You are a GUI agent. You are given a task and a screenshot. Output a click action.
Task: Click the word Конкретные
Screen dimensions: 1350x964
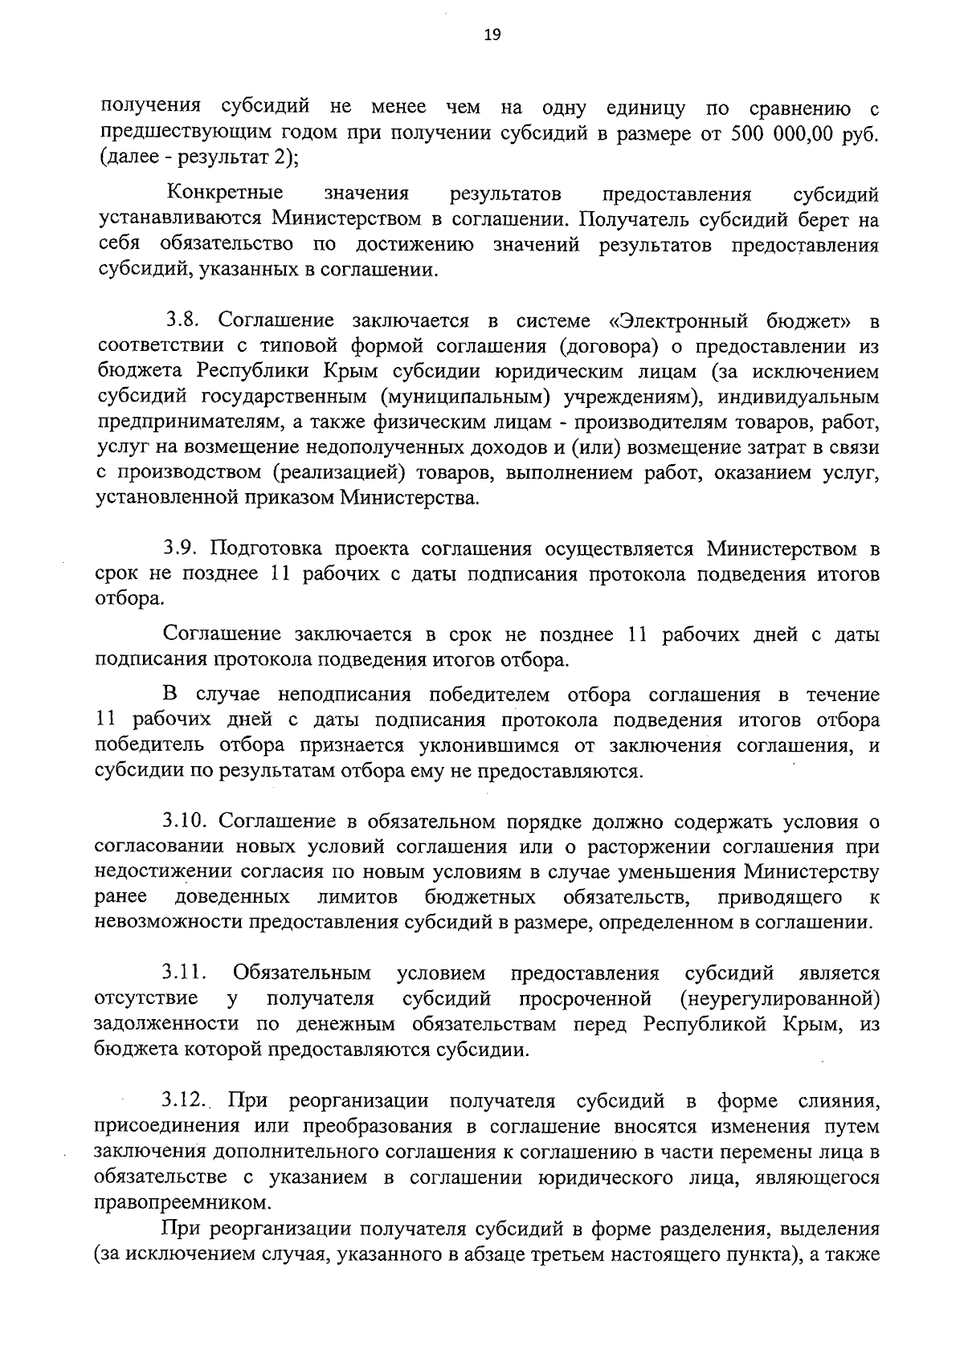pyautogui.click(x=225, y=194)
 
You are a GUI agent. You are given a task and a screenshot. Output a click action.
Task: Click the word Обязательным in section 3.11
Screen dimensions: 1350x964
pyautogui.click(x=302, y=973)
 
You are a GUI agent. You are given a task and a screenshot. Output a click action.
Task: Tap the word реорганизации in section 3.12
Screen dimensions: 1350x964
pyautogui.click(x=358, y=1100)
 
